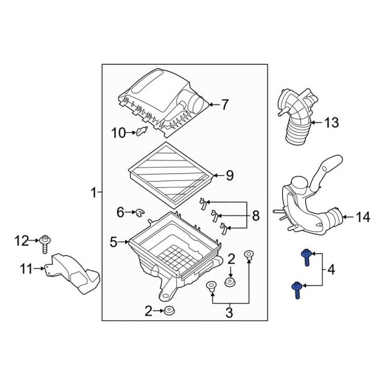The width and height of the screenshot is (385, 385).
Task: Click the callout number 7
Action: point(225,105)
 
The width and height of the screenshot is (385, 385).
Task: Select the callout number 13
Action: point(332,123)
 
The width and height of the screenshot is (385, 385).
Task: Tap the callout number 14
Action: point(363,217)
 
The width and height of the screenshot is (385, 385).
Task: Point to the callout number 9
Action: point(230,175)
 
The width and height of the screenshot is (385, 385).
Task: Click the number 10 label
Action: point(118,133)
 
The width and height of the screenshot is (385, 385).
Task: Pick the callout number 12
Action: point(22,241)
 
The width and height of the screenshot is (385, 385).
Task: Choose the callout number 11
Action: point(26,269)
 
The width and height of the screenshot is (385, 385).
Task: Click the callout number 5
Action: point(114,242)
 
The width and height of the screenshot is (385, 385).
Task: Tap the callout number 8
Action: point(255,216)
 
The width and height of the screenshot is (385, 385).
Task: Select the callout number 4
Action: point(331,270)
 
